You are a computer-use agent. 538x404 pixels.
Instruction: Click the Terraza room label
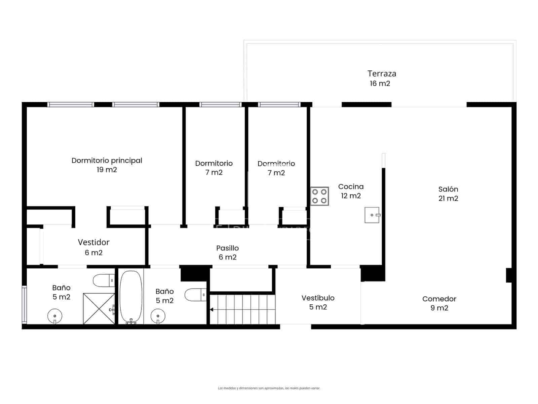click(382, 73)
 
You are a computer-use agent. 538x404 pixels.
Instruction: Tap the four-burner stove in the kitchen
click(319, 196)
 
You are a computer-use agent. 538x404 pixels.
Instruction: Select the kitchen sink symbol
click(372, 215)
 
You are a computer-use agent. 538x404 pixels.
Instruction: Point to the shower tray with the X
click(99, 309)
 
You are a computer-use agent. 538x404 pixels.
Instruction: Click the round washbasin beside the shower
click(55, 316)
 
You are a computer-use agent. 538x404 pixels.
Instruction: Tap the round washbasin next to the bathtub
click(158, 316)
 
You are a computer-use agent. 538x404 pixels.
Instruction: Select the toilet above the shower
click(104, 280)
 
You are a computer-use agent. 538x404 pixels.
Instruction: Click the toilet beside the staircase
click(195, 295)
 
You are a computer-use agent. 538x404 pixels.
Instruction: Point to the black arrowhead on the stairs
click(212, 309)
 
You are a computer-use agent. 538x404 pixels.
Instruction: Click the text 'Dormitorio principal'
click(107, 161)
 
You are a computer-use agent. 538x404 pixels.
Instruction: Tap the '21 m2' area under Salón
click(448, 198)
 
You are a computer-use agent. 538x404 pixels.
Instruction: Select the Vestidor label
click(93, 242)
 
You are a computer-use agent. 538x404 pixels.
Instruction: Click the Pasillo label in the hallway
click(227, 248)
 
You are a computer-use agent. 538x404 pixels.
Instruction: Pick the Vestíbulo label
click(318, 298)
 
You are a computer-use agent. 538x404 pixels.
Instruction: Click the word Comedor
click(439, 299)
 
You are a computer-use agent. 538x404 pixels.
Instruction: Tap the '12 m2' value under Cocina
click(351, 196)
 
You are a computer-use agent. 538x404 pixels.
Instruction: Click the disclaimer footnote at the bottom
click(269, 388)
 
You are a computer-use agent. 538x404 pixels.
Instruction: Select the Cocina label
click(351, 187)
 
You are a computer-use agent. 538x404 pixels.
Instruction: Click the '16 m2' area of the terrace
click(380, 83)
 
